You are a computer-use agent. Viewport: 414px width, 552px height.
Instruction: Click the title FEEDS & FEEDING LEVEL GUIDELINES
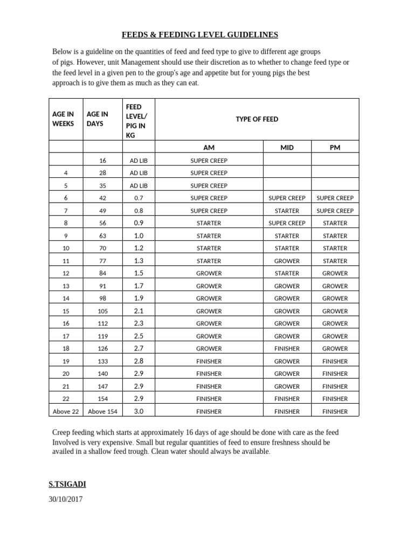coord(200,34)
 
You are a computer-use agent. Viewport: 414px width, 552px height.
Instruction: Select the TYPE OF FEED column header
coord(257,119)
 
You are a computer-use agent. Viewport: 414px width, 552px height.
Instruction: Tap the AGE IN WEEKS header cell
coord(63,119)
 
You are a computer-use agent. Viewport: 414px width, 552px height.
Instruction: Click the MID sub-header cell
coord(287,148)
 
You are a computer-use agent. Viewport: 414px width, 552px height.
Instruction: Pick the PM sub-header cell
coord(335,148)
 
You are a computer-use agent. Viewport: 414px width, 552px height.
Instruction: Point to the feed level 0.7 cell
coord(138,198)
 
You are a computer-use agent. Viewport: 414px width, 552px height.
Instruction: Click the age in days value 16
coord(102,161)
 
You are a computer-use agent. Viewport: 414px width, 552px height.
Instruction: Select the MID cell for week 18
coord(287,349)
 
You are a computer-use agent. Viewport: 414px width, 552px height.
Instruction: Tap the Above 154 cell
coord(102,412)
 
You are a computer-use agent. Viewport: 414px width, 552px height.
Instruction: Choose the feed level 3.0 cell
coord(138,411)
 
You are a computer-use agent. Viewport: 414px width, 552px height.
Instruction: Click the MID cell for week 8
coord(287,223)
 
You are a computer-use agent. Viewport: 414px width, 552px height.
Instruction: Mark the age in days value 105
coord(102,312)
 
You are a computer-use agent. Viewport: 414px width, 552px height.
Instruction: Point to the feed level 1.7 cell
coord(138,286)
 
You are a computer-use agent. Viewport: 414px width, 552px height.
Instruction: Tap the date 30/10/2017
coord(65,499)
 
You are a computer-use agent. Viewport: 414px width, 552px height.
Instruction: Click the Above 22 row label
coord(66,412)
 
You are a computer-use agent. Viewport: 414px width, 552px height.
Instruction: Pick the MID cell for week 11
coord(287,261)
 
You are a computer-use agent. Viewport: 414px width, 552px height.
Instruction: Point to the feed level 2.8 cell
coord(138,361)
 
